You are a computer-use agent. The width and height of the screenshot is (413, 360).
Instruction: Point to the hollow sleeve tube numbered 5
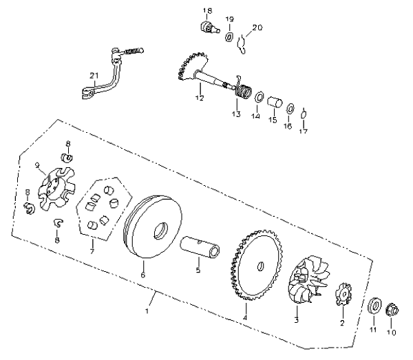click(200, 246)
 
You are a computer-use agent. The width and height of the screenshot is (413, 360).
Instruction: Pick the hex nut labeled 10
click(392, 310)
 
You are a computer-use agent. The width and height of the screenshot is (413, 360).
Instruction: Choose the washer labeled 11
click(374, 306)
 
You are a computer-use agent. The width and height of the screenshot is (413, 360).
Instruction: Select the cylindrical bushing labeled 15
click(275, 103)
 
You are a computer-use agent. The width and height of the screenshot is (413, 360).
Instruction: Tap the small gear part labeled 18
click(209, 28)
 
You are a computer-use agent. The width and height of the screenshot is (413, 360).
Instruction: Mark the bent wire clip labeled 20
click(242, 44)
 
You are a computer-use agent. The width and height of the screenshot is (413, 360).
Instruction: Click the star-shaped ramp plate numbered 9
click(56, 189)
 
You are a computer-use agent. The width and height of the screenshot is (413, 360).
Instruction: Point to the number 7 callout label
click(92, 251)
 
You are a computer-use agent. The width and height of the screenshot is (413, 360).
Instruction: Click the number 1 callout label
click(147, 310)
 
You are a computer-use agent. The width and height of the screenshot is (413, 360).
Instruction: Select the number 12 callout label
click(200, 98)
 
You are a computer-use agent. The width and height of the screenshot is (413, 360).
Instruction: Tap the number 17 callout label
click(303, 131)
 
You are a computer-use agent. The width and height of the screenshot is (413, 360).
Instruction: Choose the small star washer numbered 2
click(343, 294)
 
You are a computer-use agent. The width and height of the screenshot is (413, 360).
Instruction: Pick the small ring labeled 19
click(229, 36)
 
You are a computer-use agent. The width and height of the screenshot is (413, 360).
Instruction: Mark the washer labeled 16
click(290, 109)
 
